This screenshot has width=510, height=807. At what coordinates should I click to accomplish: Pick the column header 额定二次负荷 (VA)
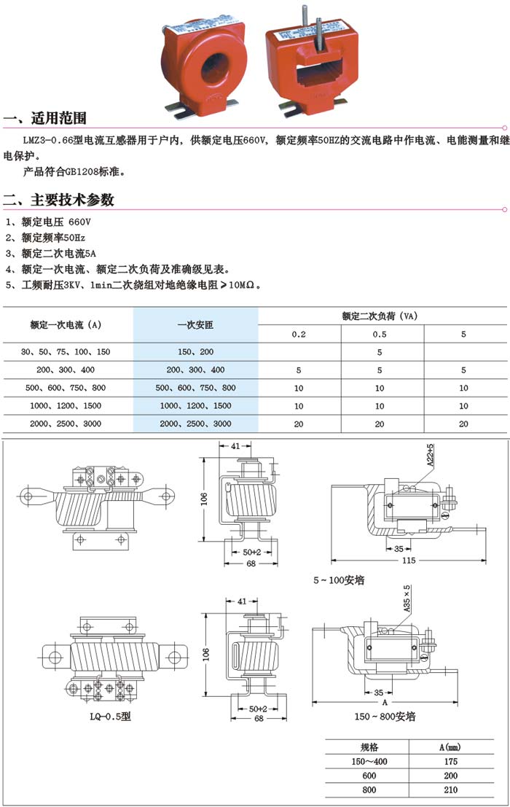point(379,316)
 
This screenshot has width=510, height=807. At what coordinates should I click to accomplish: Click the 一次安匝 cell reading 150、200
point(195,351)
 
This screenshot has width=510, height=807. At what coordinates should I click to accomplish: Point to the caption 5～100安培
point(339,580)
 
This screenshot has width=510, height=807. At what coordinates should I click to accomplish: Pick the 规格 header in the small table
point(369,747)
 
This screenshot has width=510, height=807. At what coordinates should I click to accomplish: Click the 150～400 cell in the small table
point(369,762)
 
